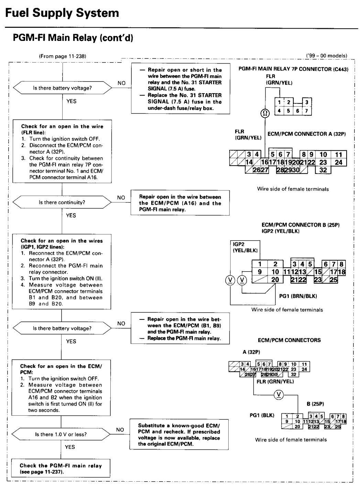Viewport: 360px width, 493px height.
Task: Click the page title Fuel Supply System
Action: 62,13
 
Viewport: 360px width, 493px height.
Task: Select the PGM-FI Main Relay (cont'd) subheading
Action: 73,37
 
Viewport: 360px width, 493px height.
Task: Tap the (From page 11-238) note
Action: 62,56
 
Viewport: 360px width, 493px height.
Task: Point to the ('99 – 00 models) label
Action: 327,56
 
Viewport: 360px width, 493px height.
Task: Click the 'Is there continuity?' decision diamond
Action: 62,202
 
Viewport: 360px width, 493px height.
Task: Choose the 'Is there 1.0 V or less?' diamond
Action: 61,434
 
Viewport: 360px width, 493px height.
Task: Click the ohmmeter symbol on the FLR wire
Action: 265,113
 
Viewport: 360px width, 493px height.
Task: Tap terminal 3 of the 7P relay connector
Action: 307,102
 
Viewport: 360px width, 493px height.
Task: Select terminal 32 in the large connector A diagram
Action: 323,170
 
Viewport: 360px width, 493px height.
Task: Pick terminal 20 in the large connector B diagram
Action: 275,280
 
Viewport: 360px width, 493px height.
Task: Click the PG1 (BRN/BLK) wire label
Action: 298,296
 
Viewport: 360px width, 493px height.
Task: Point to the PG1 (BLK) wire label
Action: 262,415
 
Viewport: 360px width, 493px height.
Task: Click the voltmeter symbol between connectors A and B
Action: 279,395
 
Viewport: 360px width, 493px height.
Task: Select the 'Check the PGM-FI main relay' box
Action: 61,468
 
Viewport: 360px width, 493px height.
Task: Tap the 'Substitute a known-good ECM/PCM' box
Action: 179,435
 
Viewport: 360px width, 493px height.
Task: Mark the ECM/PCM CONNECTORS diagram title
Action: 289,340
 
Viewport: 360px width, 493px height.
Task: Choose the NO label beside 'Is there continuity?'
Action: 121,198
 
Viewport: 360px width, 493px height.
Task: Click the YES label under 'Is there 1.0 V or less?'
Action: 70,447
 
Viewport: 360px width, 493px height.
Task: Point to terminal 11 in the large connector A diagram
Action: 338,154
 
